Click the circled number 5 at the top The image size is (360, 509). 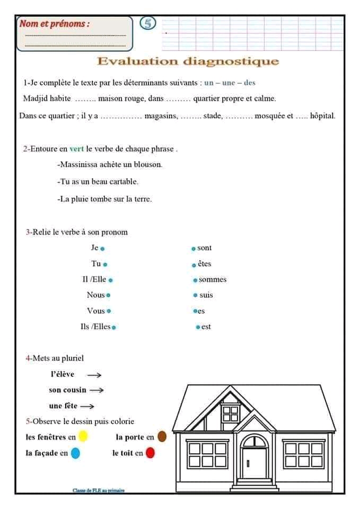pyautogui.click(x=148, y=23)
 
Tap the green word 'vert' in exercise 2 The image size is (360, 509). pyautogui.click(x=77, y=149)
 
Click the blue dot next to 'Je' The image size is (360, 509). pyautogui.click(x=103, y=248)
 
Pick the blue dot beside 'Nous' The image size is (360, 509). pyautogui.click(x=108, y=295)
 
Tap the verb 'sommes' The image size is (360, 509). pyautogui.click(x=213, y=279)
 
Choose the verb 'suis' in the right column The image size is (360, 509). pyautogui.click(x=206, y=295)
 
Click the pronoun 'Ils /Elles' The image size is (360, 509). pyautogui.click(x=95, y=327)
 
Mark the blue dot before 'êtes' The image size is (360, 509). pyautogui.click(x=194, y=265)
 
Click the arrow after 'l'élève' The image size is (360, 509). pyautogui.click(x=94, y=375)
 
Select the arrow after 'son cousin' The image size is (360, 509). pyautogui.click(x=96, y=390)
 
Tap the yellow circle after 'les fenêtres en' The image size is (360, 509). pyautogui.click(x=83, y=437)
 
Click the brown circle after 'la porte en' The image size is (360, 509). pyautogui.click(x=162, y=437)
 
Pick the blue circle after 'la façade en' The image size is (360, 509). pyautogui.click(x=75, y=453)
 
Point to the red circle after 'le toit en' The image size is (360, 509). pyautogui.click(x=150, y=453)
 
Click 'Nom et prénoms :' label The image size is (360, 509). pyautogui.click(x=55, y=23)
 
